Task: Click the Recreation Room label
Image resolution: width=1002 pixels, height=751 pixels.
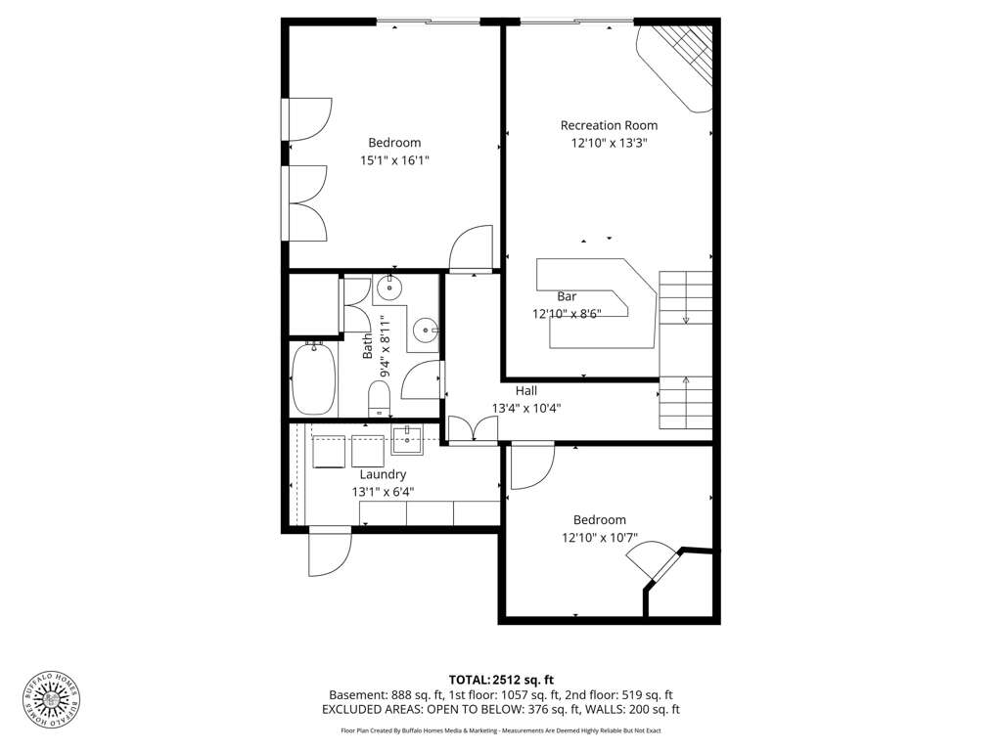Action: pos(609,126)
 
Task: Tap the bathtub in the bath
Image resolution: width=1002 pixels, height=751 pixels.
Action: pos(314,379)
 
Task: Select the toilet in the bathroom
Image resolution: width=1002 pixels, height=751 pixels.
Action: pos(379,399)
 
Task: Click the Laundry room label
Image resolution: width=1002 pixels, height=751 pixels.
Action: pos(383,474)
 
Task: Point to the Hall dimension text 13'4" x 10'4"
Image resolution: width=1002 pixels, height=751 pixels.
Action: pos(526,409)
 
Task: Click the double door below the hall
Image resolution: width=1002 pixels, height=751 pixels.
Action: pos(473,428)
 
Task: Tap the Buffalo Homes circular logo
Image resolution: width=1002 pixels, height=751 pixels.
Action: pos(51,699)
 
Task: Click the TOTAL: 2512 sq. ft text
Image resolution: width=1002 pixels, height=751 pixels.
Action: pos(501,681)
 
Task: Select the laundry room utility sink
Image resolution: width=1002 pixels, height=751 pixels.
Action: pos(407,440)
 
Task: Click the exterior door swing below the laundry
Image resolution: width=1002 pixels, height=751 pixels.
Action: pos(330,552)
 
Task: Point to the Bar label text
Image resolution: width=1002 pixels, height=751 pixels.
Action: pos(567,296)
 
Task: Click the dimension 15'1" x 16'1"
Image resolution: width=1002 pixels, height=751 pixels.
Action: pos(394,160)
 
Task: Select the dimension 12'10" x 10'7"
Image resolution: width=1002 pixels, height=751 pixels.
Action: pos(600,538)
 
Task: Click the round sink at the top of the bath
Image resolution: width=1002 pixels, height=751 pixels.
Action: pos(389,288)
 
